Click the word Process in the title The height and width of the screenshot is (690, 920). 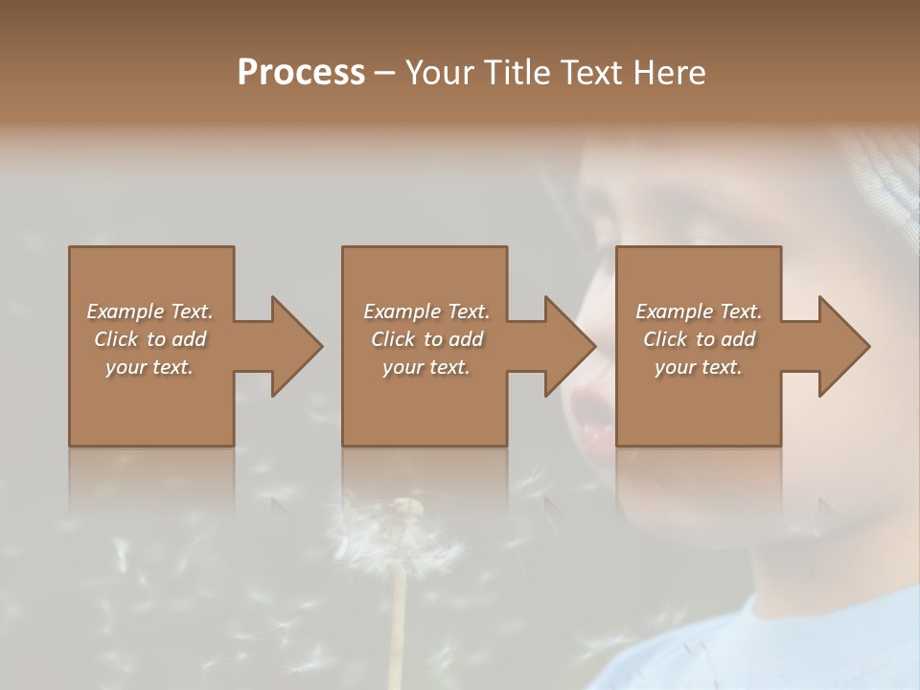click(301, 73)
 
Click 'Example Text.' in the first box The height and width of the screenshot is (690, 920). click(149, 311)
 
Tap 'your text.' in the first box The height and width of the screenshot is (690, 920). click(149, 367)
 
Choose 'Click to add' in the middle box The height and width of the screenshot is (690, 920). click(426, 339)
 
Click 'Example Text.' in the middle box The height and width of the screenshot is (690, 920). click(426, 311)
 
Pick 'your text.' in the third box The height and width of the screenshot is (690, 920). click(699, 367)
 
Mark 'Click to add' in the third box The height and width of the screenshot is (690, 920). click(699, 339)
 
